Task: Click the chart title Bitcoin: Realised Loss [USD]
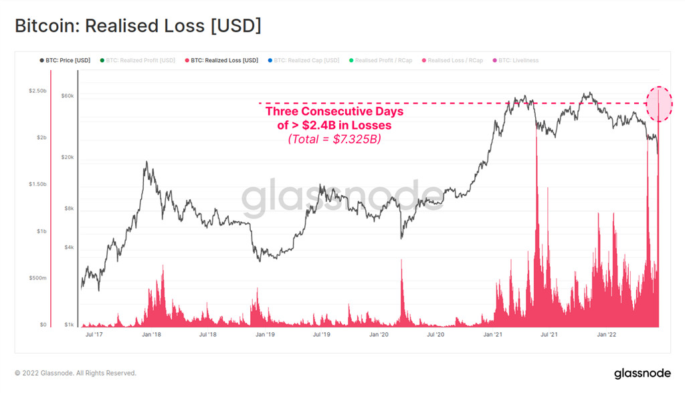click(x=138, y=26)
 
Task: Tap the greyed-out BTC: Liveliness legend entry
click(x=518, y=60)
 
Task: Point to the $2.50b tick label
click(x=37, y=90)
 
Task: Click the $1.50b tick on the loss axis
click(x=37, y=184)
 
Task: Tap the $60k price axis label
click(x=66, y=96)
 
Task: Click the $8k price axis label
click(x=68, y=209)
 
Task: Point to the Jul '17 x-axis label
click(x=94, y=334)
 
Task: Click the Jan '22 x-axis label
click(x=606, y=334)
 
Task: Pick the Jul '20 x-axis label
click(x=435, y=334)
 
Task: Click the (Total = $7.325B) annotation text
click(x=334, y=139)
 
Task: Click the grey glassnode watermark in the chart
click(x=342, y=197)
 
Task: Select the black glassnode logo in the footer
click(x=642, y=373)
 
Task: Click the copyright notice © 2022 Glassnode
click(x=76, y=373)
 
